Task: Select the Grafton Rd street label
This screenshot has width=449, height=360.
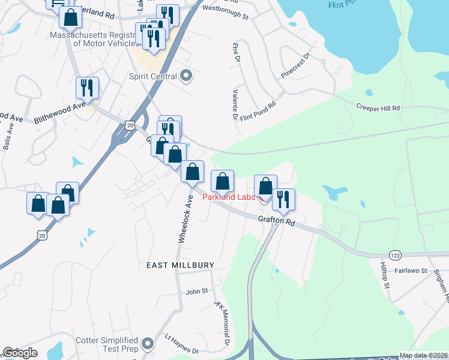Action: point(277,221)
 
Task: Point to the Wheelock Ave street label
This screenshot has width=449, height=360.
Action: point(185,219)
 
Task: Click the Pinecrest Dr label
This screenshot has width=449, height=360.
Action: point(295,66)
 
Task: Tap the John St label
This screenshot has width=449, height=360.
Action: point(196,291)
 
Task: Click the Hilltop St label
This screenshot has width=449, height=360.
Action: point(385,274)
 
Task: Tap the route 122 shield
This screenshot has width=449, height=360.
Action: point(394,254)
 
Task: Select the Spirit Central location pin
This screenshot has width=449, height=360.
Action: point(185,76)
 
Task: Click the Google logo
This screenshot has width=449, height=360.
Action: point(20,352)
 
